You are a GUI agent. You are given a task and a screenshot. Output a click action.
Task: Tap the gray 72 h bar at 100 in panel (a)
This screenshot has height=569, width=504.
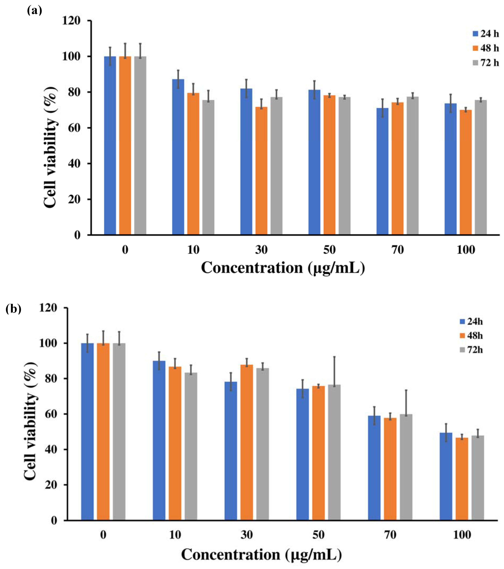coord(481,167)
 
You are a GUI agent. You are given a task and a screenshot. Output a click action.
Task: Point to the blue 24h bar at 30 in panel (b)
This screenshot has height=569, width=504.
coord(231,451)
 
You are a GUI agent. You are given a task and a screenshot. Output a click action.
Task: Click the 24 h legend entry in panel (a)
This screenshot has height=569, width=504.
coord(485,34)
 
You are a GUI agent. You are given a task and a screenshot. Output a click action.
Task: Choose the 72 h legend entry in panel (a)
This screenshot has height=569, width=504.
coord(485,63)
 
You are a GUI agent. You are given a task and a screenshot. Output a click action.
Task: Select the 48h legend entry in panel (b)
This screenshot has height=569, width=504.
coord(471,336)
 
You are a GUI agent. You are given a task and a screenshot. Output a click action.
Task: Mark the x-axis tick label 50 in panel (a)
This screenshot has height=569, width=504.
coord(329,250)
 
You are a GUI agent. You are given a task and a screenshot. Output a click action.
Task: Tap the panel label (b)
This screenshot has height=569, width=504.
coord(13,309)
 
